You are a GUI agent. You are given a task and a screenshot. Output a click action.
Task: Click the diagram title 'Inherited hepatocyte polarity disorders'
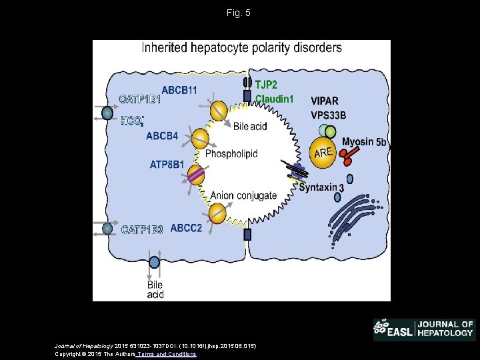click(241, 48)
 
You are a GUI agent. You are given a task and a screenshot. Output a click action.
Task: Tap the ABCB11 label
click(179, 90)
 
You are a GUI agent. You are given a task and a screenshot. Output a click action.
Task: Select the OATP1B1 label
click(141, 100)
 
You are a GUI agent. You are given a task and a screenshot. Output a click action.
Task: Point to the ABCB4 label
click(162, 136)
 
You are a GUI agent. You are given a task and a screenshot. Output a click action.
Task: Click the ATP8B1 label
click(167, 163)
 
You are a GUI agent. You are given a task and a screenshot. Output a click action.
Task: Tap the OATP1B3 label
click(142, 230)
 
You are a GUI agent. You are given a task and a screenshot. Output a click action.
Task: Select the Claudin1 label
click(275, 99)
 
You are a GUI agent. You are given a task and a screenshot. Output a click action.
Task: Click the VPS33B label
click(329, 115)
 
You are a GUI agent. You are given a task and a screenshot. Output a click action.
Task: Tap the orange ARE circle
click(323, 152)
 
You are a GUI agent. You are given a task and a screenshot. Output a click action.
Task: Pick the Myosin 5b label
click(364, 142)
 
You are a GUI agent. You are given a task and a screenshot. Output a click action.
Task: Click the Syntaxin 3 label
click(321, 188)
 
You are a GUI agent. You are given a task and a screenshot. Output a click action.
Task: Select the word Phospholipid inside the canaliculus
click(231, 154)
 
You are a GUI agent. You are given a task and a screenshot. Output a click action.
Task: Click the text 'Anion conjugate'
click(243, 195)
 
